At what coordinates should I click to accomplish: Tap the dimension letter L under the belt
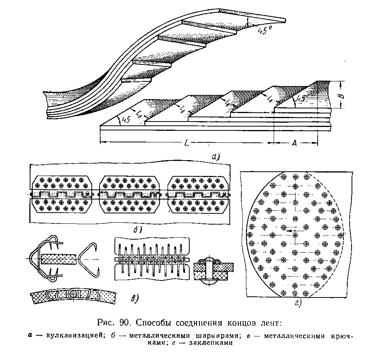(x=186, y=143)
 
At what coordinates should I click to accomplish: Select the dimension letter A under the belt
(x=294, y=143)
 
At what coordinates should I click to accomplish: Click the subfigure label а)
(x=214, y=157)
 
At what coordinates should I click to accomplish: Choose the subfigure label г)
(x=298, y=303)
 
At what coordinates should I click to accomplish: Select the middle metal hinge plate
(x=130, y=194)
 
